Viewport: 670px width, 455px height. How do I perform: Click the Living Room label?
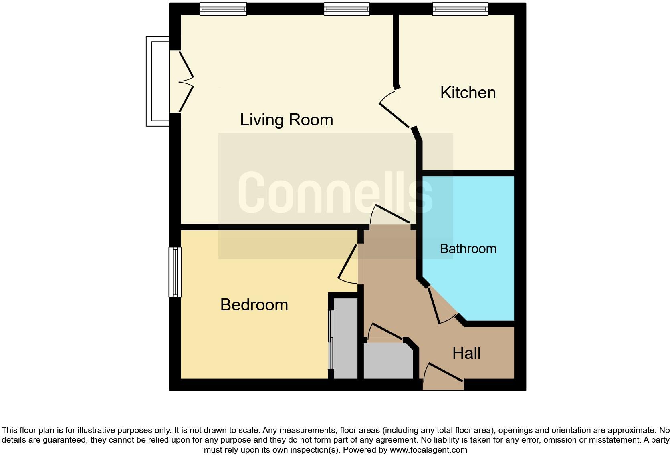click(x=287, y=120)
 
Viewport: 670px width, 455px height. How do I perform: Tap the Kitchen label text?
click(x=468, y=93)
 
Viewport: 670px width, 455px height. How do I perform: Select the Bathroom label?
click(x=468, y=249)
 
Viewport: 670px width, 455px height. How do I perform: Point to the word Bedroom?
click(x=254, y=305)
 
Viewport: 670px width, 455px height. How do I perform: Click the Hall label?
click(x=466, y=353)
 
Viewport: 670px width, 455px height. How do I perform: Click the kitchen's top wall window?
click(x=460, y=9)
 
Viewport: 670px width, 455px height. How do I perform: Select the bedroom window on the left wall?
click(x=175, y=272)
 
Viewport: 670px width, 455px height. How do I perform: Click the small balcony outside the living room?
click(x=157, y=81)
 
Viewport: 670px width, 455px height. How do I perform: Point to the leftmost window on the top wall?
click(x=223, y=9)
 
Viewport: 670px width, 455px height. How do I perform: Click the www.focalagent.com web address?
click(x=428, y=450)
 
